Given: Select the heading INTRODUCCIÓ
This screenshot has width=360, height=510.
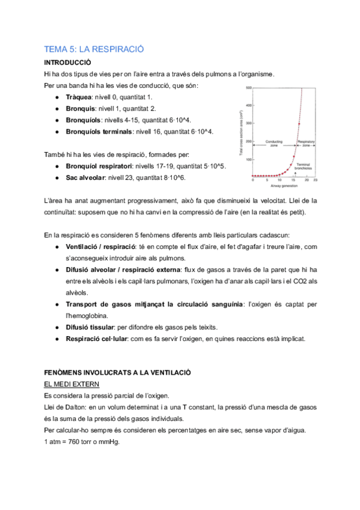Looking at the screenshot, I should click(67, 62).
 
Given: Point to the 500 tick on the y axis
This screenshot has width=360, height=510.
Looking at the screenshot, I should click(247, 89).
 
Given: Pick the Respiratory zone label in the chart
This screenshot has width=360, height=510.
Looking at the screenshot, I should click(306, 144).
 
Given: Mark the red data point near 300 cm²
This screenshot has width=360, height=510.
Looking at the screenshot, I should click(299, 124).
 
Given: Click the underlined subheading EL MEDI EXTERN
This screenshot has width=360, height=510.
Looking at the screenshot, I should click(72, 384).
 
